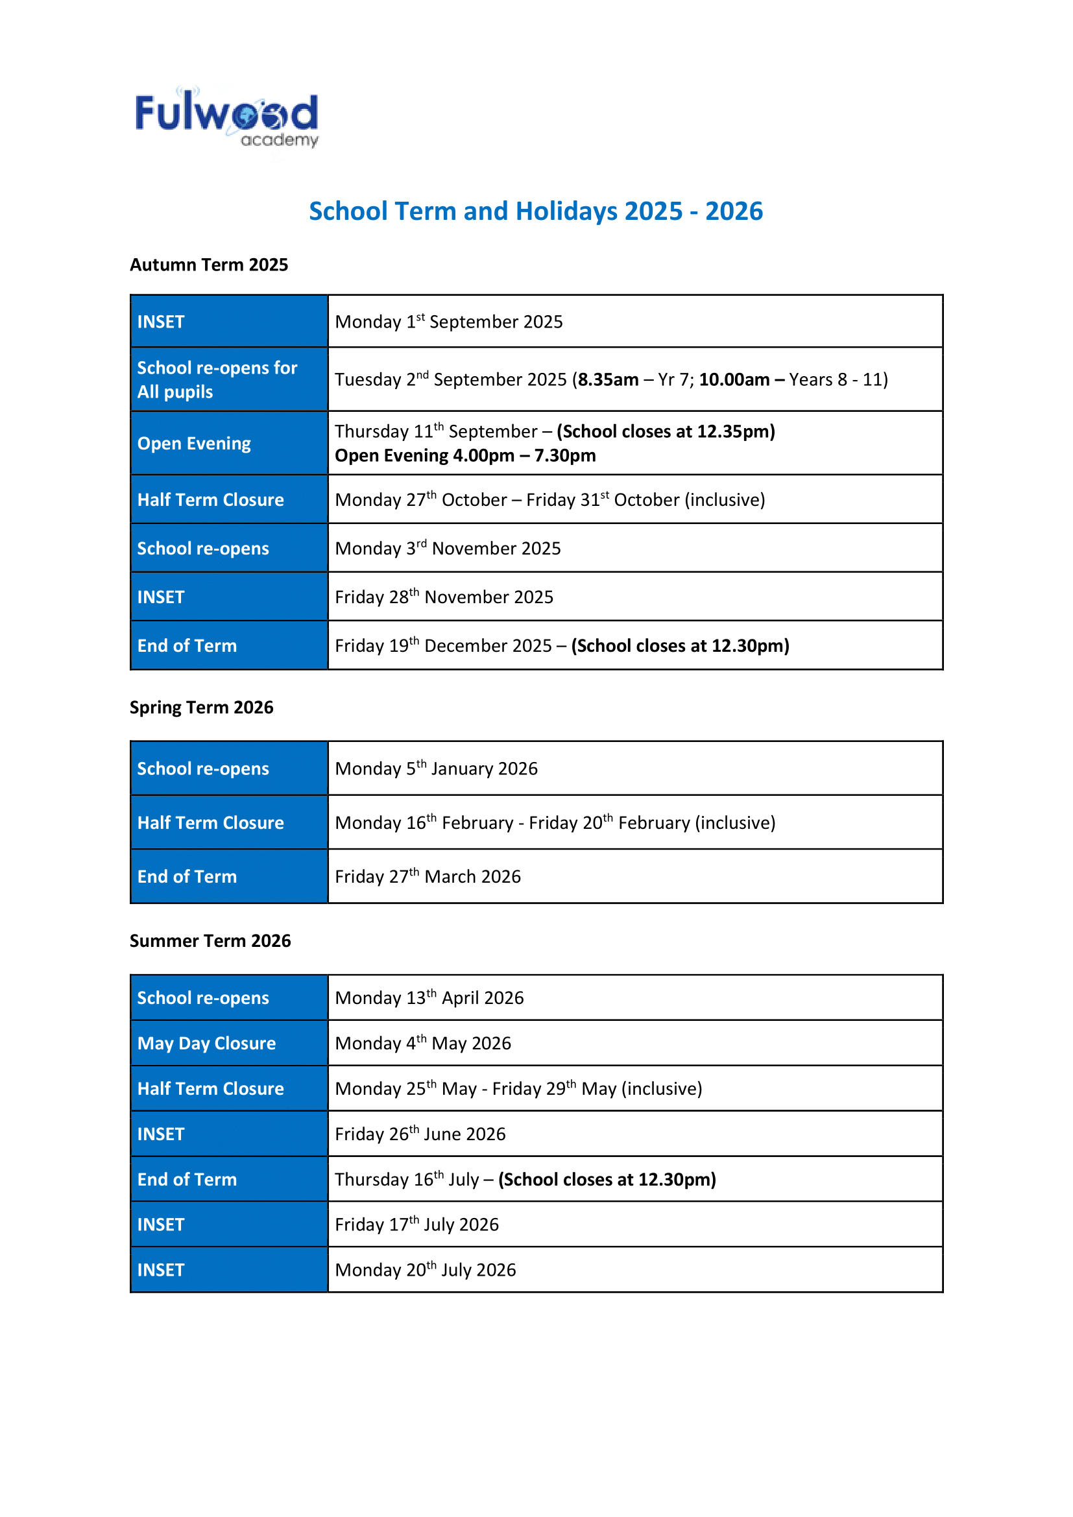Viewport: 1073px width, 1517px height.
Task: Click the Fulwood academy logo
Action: (226, 117)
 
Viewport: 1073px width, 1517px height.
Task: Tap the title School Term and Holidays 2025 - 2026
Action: (536, 211)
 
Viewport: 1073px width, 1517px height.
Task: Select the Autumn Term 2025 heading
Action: (209, 265)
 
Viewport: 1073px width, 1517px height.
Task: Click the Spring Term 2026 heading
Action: (201, 708)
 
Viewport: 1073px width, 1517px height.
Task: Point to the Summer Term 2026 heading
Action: (210, 941)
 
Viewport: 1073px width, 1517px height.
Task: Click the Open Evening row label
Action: (193, 444)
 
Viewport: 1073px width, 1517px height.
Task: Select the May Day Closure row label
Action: (206, 1044)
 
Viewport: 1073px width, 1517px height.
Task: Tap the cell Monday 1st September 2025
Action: (449, 322)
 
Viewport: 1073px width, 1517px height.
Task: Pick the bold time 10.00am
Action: (734, 380)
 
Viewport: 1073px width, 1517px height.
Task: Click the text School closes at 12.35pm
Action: (666, 431)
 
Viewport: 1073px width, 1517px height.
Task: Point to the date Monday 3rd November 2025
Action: (448, 549)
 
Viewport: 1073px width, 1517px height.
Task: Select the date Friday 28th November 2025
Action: (444, 597)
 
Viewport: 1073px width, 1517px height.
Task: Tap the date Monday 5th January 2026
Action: (436, 769)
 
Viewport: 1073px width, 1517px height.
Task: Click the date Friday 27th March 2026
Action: (428, 877)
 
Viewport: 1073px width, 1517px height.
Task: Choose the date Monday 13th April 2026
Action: (429, 997)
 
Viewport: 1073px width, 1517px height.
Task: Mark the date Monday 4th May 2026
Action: (423, 1044)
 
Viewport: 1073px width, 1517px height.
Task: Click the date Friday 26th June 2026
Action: (420, 1134)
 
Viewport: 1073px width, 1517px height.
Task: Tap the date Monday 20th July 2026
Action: (425, 1270)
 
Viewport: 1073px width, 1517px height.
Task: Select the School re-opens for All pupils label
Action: (217, 380)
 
